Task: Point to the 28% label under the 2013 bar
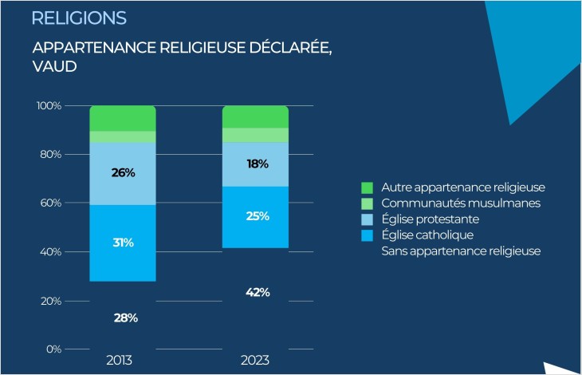125,318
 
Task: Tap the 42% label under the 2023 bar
258,292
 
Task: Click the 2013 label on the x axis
122,361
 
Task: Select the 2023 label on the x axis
255,361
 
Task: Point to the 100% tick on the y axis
49,105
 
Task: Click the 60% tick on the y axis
51,203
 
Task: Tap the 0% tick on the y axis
53,349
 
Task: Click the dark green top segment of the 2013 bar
122,118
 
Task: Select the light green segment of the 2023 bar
255,135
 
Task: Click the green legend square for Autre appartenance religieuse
367,187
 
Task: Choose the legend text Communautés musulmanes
450,203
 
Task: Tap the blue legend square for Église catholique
367,235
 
